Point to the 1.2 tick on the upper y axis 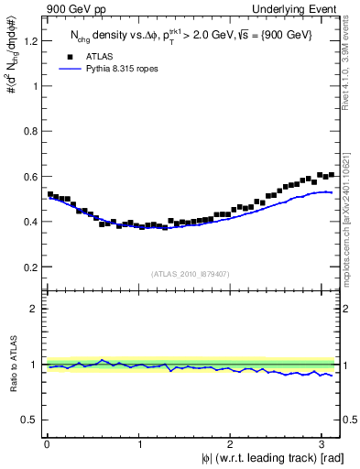click(30, 40)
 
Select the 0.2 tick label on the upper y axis click(30, 267)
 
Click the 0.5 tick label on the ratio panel click(30, 420)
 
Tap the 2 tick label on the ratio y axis click(35, 309)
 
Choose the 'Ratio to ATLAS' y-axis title click(11, 364)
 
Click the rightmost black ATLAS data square click(331, 174)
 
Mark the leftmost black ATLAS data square click(49, 194)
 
